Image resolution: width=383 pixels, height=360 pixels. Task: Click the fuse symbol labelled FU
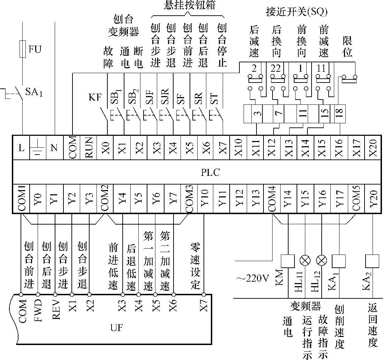tap(23, 49)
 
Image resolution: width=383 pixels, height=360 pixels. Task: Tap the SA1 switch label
tap(34, 92)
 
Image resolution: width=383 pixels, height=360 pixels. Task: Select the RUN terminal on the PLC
tap(89, 147)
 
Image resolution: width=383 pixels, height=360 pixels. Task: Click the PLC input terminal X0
tap(106, 147)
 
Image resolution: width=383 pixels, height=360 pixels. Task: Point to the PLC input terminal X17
tap(356, 147)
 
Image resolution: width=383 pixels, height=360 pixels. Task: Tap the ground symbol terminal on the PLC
tap(38, 147)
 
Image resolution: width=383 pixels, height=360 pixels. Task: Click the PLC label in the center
tap(210, 172)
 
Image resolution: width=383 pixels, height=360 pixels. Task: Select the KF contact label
tap(95, 97)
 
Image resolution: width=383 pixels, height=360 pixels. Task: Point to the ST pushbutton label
tap(214, 99)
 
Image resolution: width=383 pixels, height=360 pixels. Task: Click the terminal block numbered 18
tap(340, 113)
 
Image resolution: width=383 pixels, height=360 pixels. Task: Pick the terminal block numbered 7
tap(278, 113)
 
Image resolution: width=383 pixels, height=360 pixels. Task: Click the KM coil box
tap(288, 261)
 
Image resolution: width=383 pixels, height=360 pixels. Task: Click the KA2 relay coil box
tap(372, 261)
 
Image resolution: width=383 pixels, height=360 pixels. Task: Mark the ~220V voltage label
tap(253, 278)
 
